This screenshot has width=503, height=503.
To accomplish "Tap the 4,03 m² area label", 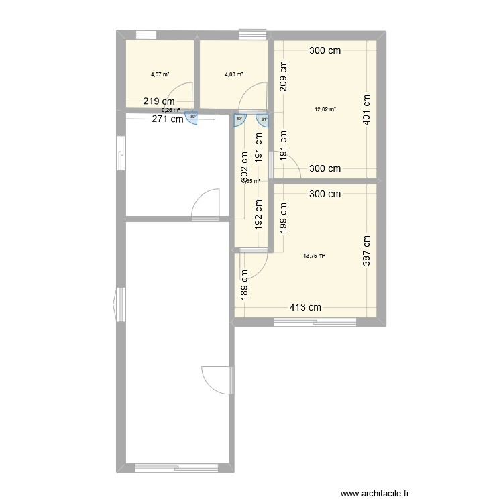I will (x=233, y=75).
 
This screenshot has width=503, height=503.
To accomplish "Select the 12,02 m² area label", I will (x=325, y=109).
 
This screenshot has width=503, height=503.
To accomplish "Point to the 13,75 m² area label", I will (x=314, y=255).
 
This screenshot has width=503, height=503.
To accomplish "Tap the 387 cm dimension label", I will (x=367, y=251).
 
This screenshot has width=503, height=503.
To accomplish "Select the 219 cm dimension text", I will (x=160, y=101).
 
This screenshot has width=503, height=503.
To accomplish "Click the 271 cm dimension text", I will (x=166, y=120).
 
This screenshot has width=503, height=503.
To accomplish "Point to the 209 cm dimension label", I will (x=284, y=76).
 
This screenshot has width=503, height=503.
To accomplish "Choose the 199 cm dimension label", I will (x=284, y=218).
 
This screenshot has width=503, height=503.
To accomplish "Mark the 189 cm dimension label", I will (x=245, y=284).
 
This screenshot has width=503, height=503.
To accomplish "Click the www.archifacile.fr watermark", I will (x=375, y=493).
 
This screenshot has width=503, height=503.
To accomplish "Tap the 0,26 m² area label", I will (x=170, y=111).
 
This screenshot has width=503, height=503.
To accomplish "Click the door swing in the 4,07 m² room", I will (x=181, y=94).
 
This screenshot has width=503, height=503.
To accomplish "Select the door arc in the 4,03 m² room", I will (x=254, y=97).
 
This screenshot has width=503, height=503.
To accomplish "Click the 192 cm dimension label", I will (x=258, y=215).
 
